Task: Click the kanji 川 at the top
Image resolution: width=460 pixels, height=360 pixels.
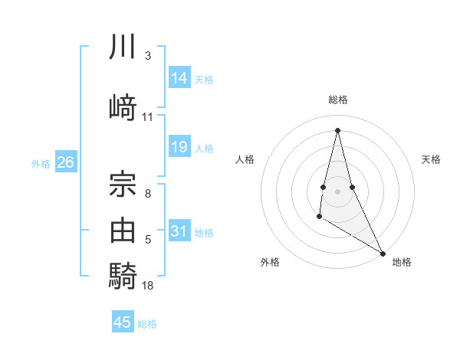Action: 123,47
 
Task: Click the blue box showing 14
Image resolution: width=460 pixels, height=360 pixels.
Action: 179,78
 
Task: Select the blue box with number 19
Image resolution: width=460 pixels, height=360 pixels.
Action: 179,147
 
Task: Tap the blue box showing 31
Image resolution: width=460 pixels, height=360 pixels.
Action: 179,231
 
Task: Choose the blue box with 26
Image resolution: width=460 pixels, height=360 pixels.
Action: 65,162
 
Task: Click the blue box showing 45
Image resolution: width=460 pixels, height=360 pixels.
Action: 123,322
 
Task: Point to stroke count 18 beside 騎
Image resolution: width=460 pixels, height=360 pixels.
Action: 148,286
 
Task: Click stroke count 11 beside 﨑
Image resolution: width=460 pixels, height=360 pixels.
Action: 148,117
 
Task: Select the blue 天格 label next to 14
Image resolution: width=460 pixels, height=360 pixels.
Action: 204,79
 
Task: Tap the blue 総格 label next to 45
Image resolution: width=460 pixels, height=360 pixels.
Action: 147,323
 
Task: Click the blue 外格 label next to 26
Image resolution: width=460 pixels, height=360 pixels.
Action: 40,163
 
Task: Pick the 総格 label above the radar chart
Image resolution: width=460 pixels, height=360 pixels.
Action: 337,100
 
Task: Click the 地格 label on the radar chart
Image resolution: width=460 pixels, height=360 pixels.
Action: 402,262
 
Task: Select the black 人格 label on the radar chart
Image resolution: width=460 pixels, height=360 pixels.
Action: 245,159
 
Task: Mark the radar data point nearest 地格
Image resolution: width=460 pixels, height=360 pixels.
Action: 383,254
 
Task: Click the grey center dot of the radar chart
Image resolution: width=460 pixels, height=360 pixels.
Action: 337,190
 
